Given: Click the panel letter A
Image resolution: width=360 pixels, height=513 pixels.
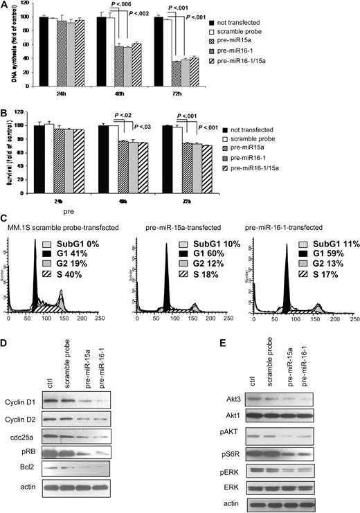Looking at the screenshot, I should coord(5,6).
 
